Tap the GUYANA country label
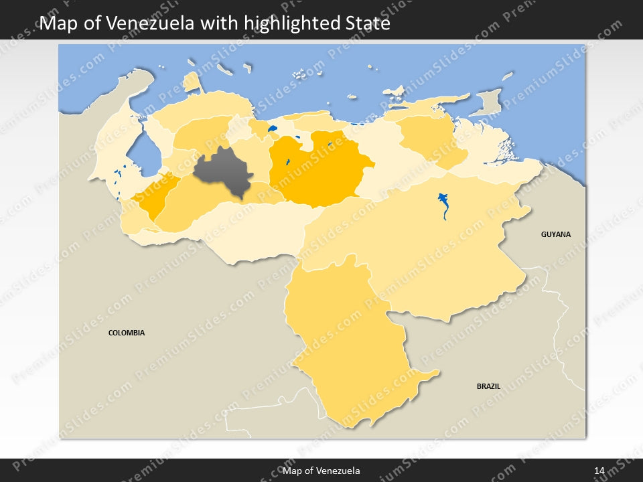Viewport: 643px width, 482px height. click(x=556, y=234)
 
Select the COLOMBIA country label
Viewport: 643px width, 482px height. click(x=127, y=333)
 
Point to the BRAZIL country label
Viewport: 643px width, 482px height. click(x=488, y=386)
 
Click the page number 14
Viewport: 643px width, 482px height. click(x=599, y=471)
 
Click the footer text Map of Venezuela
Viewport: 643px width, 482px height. click(x=321, y=471)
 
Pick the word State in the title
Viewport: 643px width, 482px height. click(x=364, y=23)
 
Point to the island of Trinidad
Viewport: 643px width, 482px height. click(x=488, y=102)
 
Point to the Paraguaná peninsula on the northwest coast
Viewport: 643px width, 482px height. click(x=192, y=82)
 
